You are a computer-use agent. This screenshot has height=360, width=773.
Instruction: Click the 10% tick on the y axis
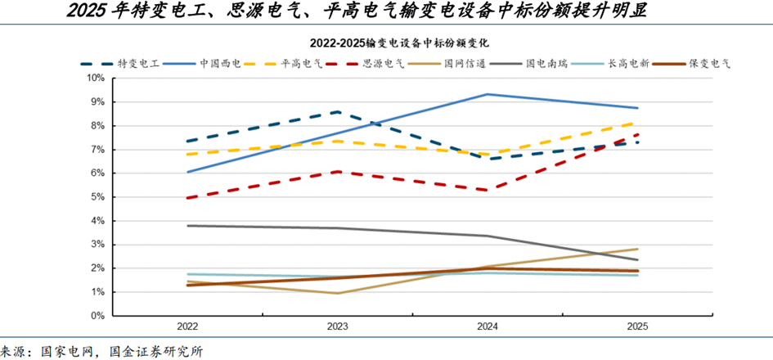[x=96, y=79]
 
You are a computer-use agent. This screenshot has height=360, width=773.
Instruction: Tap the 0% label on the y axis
[x=98, y=316]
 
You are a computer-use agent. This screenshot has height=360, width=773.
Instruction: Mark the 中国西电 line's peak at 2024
[x=488, y=94]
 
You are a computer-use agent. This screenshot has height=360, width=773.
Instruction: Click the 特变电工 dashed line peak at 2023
[x=337, y=112]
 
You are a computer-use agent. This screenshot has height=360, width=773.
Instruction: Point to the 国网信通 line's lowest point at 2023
[x=337, y=293]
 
